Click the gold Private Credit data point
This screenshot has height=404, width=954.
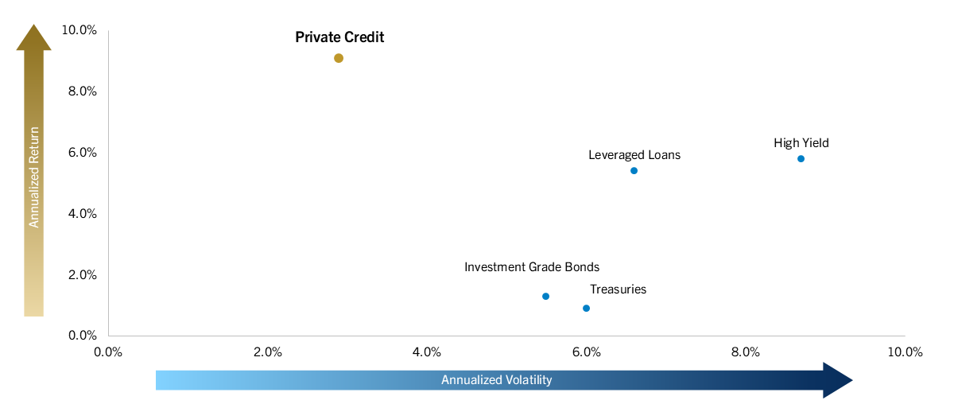[339, 58]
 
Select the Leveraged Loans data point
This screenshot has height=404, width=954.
[634, 171]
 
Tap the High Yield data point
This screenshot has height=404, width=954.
[801, 159]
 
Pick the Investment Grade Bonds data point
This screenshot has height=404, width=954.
[545, 297]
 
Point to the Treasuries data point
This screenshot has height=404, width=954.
[586, 309]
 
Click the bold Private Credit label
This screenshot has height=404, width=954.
[339, 37]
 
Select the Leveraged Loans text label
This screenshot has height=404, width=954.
[634, 155]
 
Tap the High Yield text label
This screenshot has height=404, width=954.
[801, 143]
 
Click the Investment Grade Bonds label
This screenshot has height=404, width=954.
[532, 267]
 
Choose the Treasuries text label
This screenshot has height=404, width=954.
[618, 289]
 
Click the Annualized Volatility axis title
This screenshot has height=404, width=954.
[496, 380]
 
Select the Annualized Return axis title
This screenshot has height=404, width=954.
[34, 177]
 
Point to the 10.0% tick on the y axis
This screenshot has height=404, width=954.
[79, 30]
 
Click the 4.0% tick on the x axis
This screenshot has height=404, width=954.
[427, 352]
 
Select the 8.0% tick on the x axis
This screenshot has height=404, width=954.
[746, 352]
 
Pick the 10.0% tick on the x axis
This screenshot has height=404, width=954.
[905, 352]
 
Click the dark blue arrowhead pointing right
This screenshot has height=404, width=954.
[837, 380]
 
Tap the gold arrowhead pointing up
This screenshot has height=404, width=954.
[34, 37]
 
